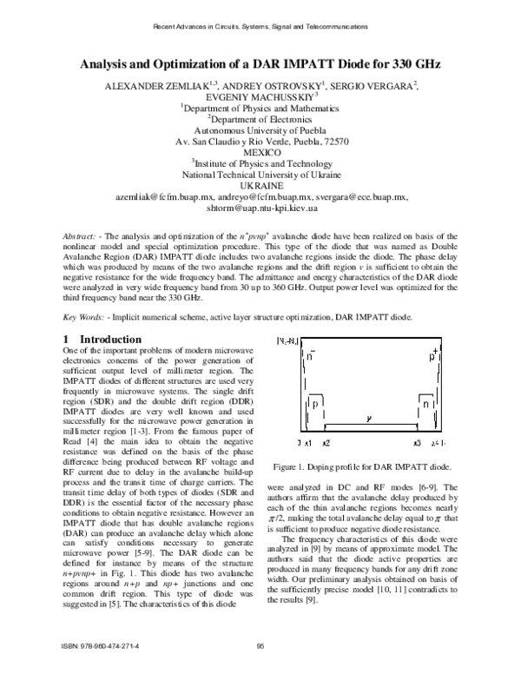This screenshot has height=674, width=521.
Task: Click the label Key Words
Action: click(x=89, y=317)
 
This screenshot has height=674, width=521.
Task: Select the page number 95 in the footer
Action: click(x=260, y=644)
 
